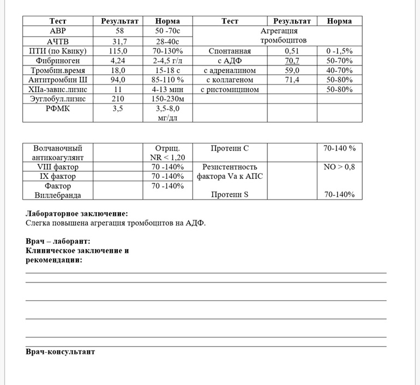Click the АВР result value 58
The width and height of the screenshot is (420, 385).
[x=120, y=31]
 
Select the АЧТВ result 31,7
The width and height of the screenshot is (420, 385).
[x=120, y=41]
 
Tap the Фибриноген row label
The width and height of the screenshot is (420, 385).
[x=58, y=61]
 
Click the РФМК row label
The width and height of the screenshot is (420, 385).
[x=58, y=109]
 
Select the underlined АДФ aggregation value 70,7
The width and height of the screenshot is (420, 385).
[x=292, y=61]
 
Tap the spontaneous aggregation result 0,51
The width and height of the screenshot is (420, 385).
[x=292, y=51]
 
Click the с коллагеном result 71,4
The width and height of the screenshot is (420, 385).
[x=292, y=80]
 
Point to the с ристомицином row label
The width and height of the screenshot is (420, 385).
[x=230, y=89]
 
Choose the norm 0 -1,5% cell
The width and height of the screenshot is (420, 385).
[x=339, y=51]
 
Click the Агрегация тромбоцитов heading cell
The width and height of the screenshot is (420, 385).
[x=278, y=36]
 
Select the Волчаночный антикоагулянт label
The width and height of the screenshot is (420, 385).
[x=58, y=153]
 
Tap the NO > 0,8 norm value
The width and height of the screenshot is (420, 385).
[x=339, y=167]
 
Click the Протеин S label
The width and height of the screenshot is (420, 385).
[x=230, y=194]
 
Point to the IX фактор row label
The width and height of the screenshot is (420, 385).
[x=58, y=176]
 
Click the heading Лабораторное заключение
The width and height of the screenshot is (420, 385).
[x=77, y=214]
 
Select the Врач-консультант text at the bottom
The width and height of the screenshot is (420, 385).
[x=61, y=352]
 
